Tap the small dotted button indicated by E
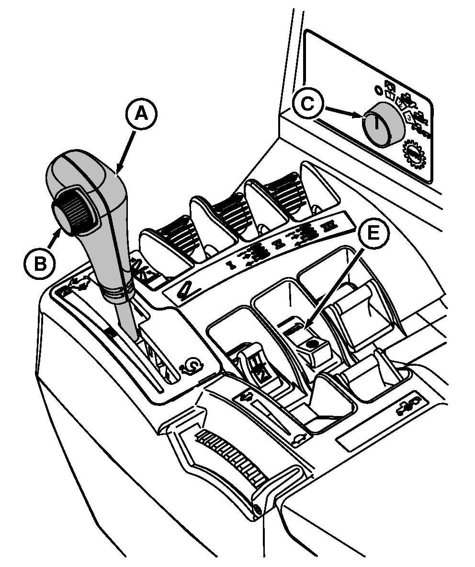(314, 343)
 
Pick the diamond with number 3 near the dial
(409, 116)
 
